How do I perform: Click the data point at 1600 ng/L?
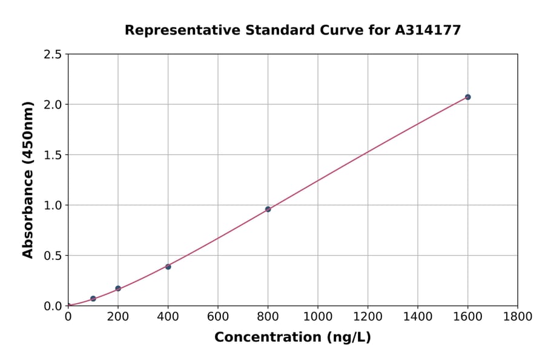[x=467, y=97]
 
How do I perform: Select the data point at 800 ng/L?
[x=268, y=209]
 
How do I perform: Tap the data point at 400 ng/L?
[x=168, y=267]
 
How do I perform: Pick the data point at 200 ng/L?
[x=118, y=288]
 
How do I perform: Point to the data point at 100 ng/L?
[x=93, y=299]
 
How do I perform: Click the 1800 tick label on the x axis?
[x=518, y=316]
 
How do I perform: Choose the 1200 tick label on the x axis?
[x=368, y=316]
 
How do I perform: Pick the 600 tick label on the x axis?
[x=218, y=316]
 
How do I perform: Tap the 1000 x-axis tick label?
[x=318, y=316]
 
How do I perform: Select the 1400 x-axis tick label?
[x=418, y=316]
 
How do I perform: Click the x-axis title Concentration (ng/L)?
[x=292, y=337]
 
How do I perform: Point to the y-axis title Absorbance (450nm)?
[x=28, y=180]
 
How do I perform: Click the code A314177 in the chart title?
[x=429, y=30]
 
